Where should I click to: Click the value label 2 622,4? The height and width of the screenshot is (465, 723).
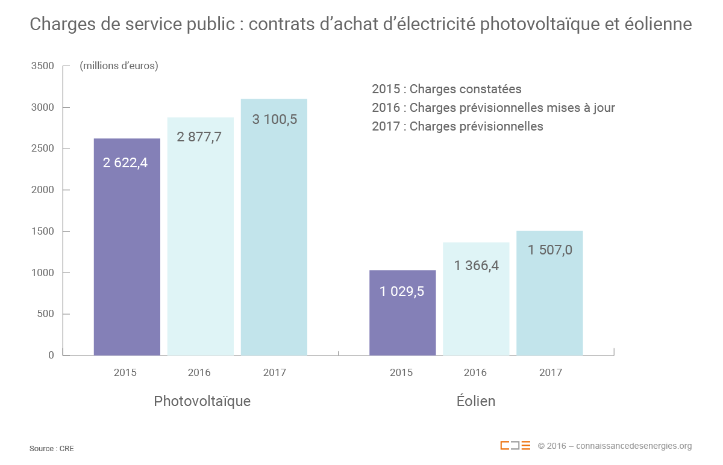(x=125, y=162)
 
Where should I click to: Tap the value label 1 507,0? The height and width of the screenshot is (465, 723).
(x=550, y=250)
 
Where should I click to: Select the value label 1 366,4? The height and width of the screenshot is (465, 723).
(x=477, y=265)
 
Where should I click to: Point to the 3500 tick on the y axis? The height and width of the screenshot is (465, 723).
(x=42, y=66)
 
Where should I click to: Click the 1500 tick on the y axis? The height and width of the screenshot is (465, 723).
(x=42, y=232)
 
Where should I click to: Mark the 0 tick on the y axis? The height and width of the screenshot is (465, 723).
(x=51, y=356)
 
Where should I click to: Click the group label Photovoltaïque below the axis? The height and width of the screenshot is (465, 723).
(x=202, y=401)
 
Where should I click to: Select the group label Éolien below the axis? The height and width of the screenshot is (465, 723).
(x=476, y=401)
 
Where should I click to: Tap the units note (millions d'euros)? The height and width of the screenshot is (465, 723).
(x=119, y=66)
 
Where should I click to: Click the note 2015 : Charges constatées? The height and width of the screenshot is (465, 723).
(x=446, y=89)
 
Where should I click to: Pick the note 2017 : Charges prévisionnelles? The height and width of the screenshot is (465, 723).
(x=457, y=126)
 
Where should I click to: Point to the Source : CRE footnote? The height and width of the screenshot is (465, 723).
(x=52, y=449)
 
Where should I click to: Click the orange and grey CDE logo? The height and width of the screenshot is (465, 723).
(x=515, y=446)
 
